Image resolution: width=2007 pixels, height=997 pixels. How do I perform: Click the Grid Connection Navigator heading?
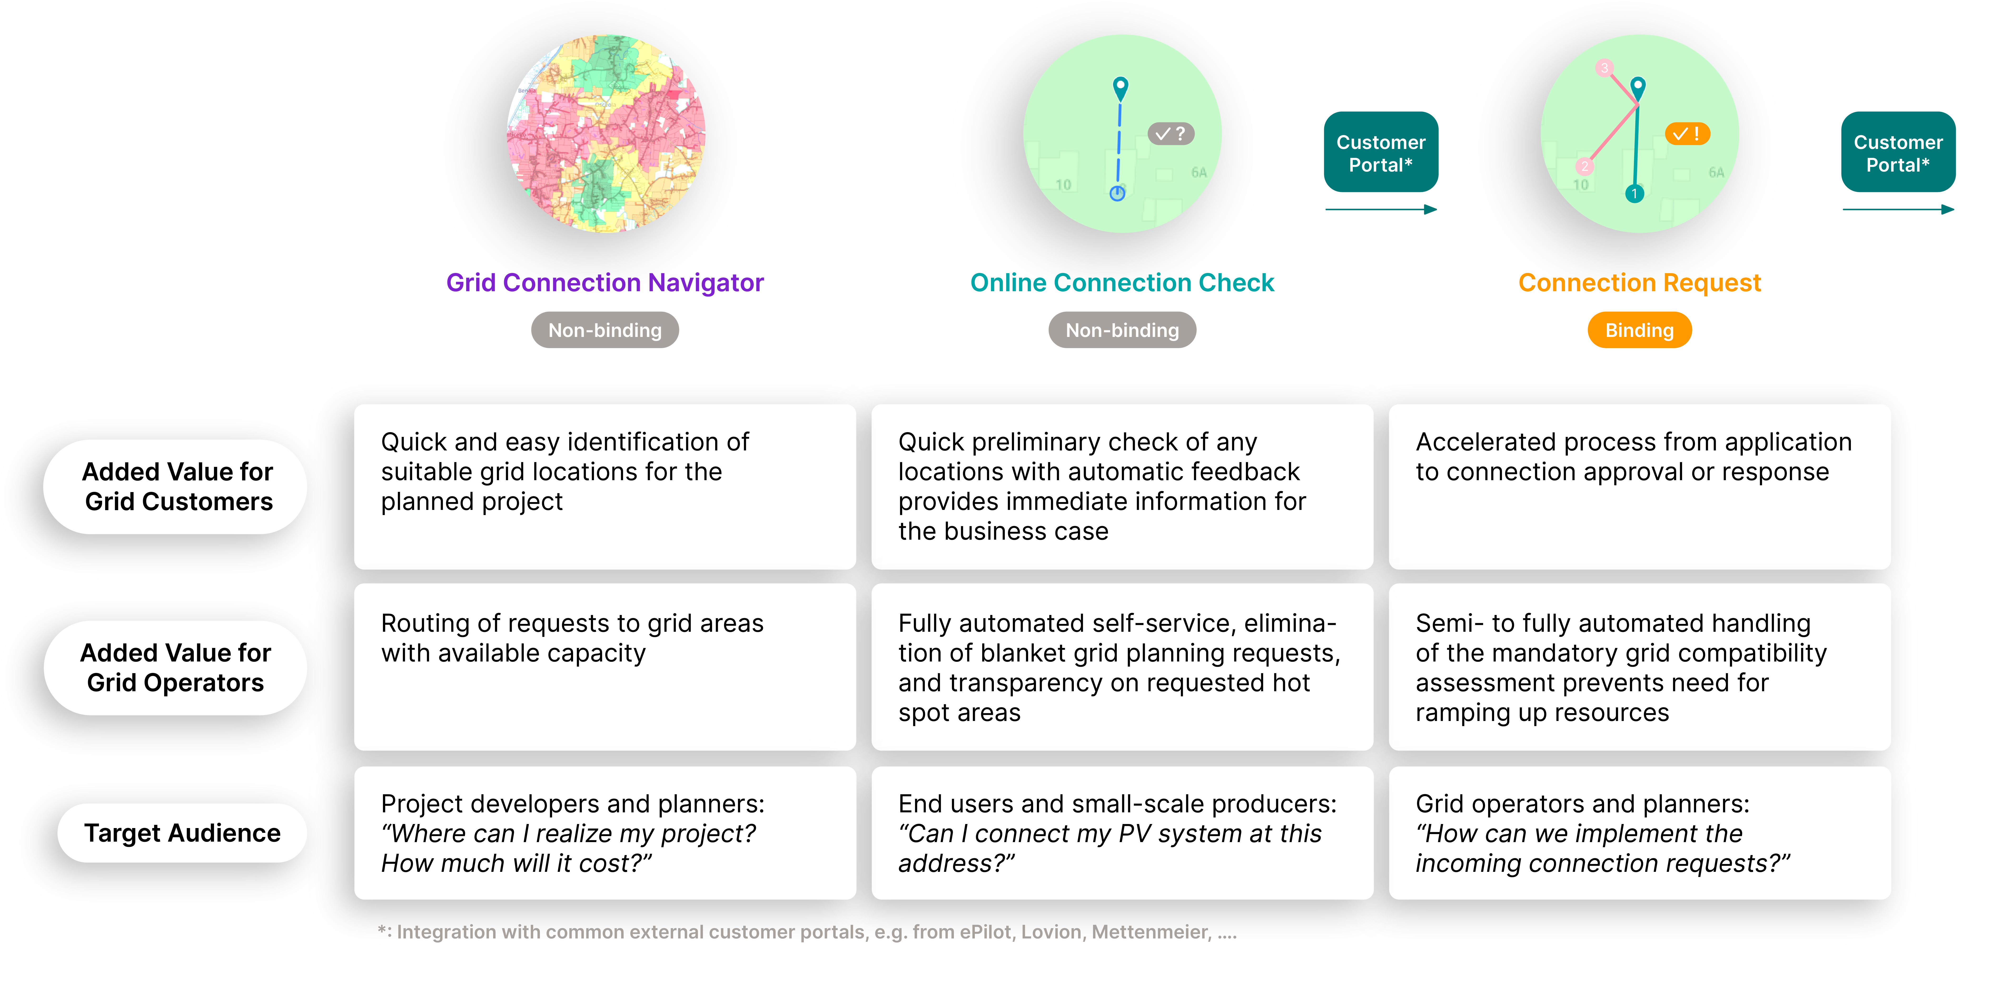click(605, 283)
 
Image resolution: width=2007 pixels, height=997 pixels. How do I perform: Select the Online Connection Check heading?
click(1122, 283)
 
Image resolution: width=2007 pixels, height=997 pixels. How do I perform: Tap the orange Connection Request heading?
click(1639, 283)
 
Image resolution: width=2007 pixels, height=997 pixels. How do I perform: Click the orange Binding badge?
click(1639, 330)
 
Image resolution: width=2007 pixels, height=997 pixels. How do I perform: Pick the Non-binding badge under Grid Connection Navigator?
click(605, 330)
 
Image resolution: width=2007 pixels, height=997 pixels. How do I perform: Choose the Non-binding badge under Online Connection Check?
click(1122, 330)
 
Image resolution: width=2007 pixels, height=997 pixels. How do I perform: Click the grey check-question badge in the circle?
click(1170, 134)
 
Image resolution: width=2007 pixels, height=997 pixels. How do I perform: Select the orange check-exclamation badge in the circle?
click(1688, 134)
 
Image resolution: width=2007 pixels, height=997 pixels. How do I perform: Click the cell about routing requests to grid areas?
click(605, 667)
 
